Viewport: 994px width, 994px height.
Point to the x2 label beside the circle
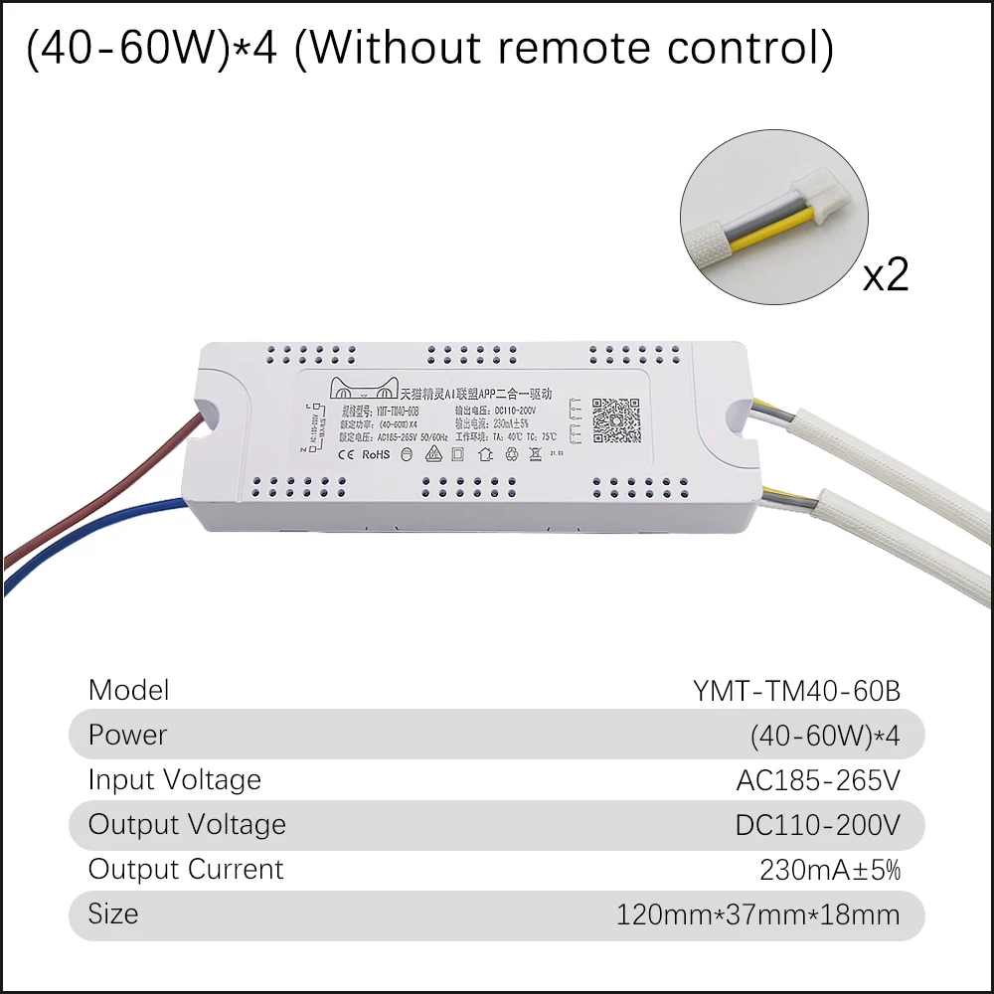(x=886, y=274)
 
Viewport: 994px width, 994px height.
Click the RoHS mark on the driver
(x=375, y=455)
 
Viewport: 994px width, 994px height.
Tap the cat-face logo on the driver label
(x=364, y=390)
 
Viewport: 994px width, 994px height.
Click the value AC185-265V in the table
(x=818, y=780)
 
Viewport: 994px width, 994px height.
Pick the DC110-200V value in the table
(x=818, y=825)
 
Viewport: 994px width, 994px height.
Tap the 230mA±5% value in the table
(x=830, y=870)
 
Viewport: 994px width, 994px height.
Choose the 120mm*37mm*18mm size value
(x=758, y=914)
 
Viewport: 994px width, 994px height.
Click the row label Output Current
(x=186, y=870)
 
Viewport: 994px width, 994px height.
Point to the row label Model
(x=128, y=691)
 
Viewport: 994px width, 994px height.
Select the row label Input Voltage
(x=175, y=780)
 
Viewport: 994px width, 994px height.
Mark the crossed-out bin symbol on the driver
(x=534, y=455)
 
